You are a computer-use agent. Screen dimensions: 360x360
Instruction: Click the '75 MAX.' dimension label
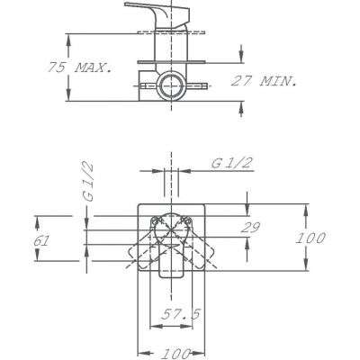(79, 67)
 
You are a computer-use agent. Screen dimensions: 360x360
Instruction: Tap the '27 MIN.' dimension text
(264, 81)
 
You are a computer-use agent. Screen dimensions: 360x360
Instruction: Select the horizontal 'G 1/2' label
(231, 163)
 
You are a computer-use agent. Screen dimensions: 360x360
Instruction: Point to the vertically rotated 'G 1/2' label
(88, 182)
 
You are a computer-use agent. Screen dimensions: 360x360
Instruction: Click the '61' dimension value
(41, 241)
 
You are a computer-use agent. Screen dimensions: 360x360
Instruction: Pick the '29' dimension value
(250, 228)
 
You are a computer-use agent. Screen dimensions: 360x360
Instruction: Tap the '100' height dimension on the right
(310, 238)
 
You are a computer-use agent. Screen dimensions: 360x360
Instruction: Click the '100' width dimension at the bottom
(175, 354)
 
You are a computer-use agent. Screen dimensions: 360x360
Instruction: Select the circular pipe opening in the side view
(171, 85)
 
